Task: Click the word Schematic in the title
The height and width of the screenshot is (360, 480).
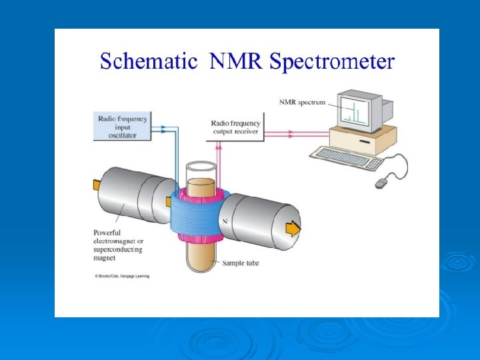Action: [148, 62]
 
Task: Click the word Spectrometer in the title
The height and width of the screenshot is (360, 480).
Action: [331, 63]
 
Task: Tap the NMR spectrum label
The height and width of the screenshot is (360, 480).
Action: [302, 102]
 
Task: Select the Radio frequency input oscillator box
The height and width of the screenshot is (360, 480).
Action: [122, 126]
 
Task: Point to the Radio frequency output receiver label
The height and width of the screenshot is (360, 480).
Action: [235, 127]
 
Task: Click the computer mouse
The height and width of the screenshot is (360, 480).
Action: [381, 182]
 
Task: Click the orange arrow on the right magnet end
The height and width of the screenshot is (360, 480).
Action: [293, 229]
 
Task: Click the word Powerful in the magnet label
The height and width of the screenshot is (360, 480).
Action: [108, 232]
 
